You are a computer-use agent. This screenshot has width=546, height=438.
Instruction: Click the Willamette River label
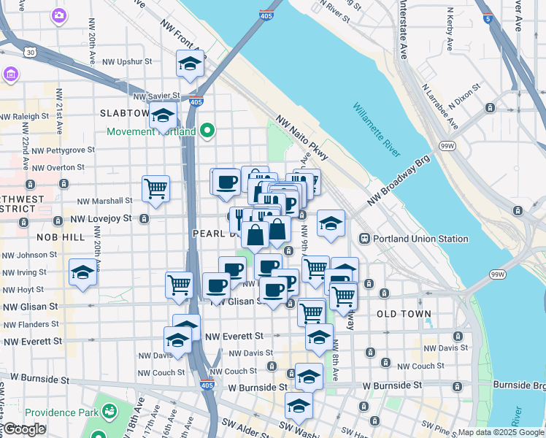(377, 131)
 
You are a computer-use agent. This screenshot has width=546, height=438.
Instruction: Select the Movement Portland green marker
(208, 131)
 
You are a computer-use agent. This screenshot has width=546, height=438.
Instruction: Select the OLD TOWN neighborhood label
(404, 314)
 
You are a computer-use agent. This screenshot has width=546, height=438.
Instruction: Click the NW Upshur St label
(127, 63)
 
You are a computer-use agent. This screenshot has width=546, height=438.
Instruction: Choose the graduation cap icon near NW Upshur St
(190, 64)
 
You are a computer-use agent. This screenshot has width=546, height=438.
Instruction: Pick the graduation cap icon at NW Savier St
(164, 115)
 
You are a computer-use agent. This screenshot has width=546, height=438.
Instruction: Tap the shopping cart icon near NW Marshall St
(156, 189)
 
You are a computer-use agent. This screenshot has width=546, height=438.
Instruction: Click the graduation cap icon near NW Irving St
(82, 273)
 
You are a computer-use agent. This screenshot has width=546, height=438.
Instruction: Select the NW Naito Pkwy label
(301, 137)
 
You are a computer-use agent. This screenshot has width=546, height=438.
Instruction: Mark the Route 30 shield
(29, 53)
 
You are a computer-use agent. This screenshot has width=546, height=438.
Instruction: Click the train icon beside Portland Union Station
(364, 239)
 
